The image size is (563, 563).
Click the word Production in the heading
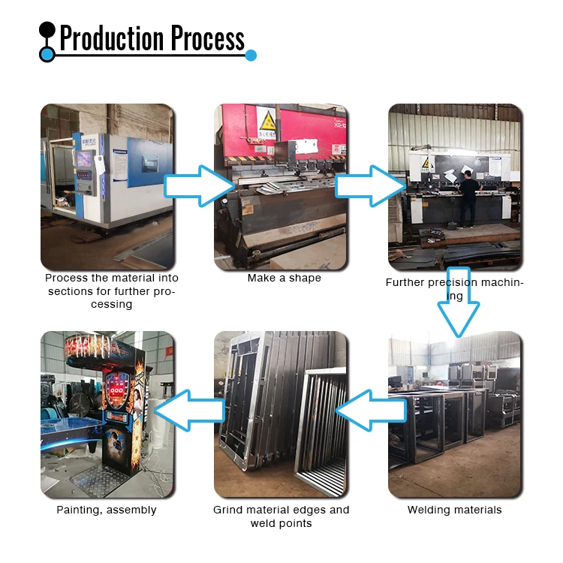[x=113, y=38]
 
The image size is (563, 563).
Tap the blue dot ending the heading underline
[x=251, y=55]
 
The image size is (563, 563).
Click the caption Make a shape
[x=284, y=278]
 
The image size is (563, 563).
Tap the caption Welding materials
[x=454, y=510]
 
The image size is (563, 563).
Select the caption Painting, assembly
[x=107, y=510]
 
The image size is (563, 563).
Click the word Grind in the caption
[x=228, y=510]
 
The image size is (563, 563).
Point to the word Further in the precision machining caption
[x=407, y=283]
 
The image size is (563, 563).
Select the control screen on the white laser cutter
[x=85, y=160]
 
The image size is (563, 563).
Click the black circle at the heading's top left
[x=47, y=31]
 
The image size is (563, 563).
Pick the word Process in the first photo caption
[x=65, y=278]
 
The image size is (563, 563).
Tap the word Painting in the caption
[x=78, y=510]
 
